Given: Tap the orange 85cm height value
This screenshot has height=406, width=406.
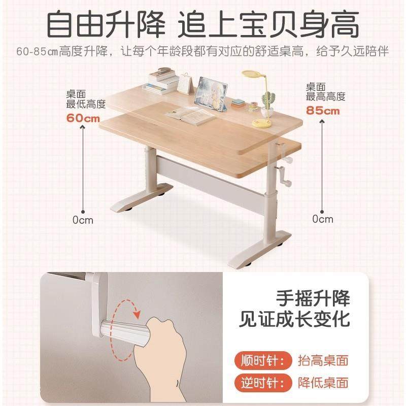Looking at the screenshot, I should pyautogui.click(x=323, y=110).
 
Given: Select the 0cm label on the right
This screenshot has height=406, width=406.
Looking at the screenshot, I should pyautogui.click(x=323, y=219).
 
